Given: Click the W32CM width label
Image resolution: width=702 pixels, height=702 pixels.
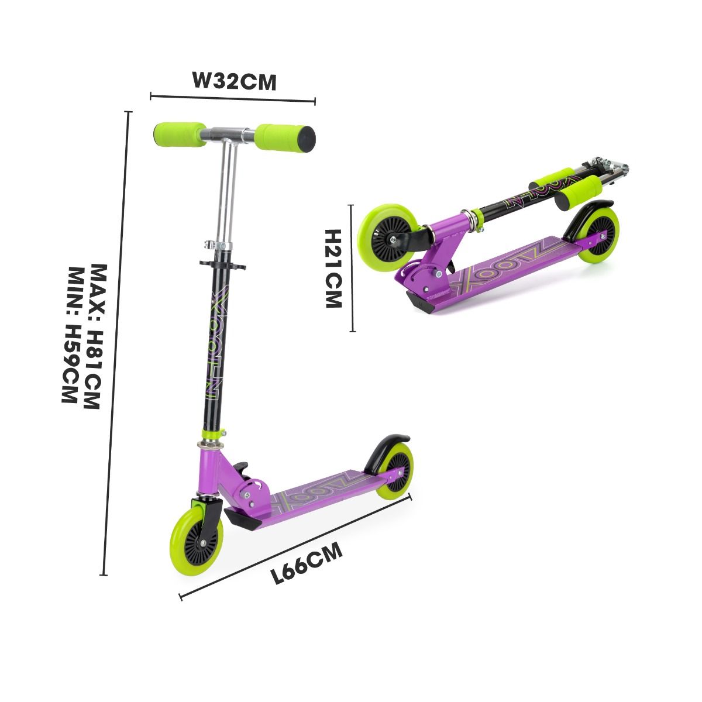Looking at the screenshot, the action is [234, 81].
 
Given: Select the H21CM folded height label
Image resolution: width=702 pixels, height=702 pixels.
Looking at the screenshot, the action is [333, 269].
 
